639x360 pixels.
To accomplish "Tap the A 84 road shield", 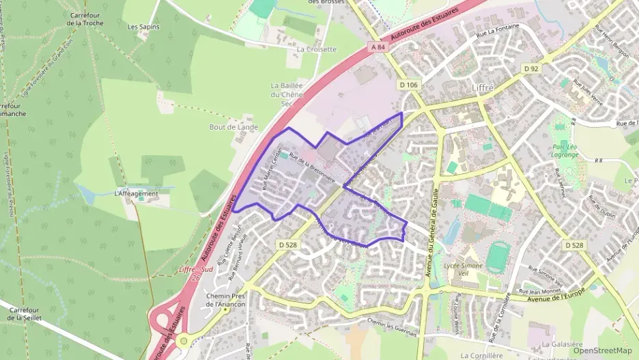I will pyautogui.click(x=380, y=46).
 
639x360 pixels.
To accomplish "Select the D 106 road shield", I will pyautogui.click(x=408, y=84).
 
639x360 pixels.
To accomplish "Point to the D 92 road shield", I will pyautogui.click(x=532, y=68).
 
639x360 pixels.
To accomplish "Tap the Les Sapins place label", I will pyautogui.click(x=142, y=27).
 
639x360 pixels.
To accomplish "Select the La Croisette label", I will pyautogui.click(x=317, y=49).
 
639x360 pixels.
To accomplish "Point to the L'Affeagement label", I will pyautogui.click(x=137, y=193).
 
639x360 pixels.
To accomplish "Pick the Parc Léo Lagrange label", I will pyautogui.click(x=565, y=150).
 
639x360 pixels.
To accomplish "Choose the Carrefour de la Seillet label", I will pyautogui.click(x=25, y=314).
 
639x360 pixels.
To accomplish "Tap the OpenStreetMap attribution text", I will pyautogui.click(x=601, y=350).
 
